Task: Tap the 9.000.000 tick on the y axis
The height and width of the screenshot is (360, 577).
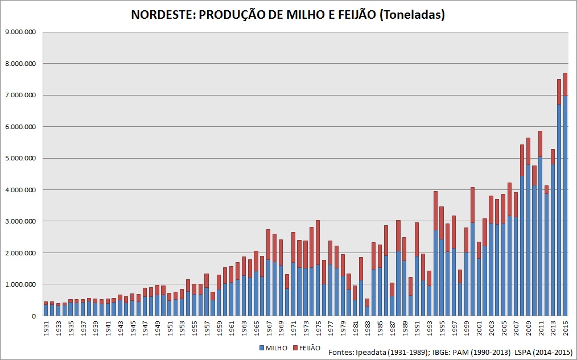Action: (x=20, y=32)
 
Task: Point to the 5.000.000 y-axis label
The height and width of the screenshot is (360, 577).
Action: (x=20, y=158)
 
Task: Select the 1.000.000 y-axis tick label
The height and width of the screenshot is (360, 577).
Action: (x=20, y=284)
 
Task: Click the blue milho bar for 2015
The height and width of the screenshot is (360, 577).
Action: (x=565, y=205)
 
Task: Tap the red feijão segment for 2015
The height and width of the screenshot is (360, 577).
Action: (x=565, y=84)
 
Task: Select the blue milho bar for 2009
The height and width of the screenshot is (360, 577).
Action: (x=528, y=239)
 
